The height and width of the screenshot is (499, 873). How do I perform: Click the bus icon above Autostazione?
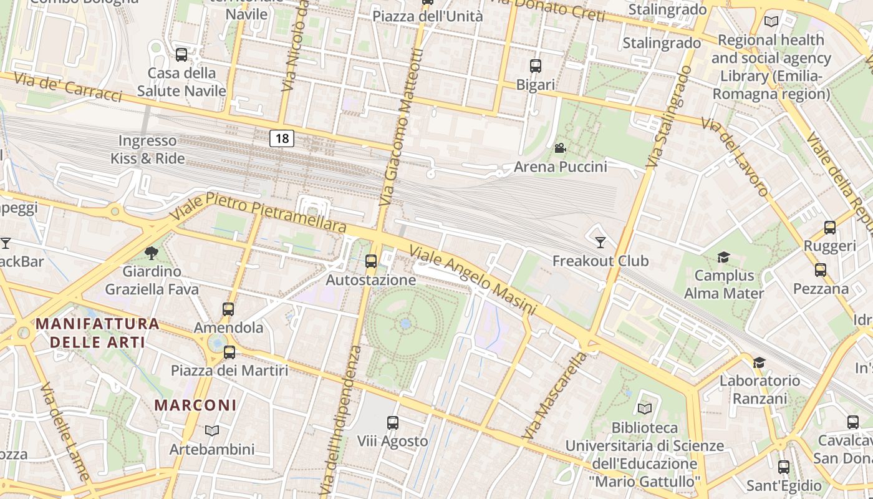pyautogui.click(x=371, y=261)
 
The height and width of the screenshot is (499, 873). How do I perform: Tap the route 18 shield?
pyautogui.click(x=282, y=138)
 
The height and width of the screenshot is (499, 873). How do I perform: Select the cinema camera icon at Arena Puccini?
pyautogui.click(x=560, y=148)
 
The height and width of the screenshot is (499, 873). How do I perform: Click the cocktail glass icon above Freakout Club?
pyautogui.click(x=600, y=242)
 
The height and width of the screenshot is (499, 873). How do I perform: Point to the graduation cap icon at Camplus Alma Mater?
pyautogui.click(x=723, y=257)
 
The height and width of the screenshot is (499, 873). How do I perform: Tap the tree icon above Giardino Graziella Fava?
pyautogui.click(x=151, y=253)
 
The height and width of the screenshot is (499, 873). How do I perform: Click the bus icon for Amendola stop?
pyautogui.click(x=228, y=309)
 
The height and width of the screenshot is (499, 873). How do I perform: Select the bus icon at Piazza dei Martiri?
pyautogui.click(x=229, y=352)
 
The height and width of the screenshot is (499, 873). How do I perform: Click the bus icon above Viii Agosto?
pyautogui.click(x=393, y=423)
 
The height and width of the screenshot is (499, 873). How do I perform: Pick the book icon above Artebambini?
pyautogui.click(x=212, y=430)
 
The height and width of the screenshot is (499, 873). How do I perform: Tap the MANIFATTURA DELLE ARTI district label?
pyautogui.click(x=97, y=333)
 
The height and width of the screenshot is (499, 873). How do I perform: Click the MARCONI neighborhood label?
pyautogui.click(x=195, y=405)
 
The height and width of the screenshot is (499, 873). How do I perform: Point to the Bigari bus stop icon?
pyautogui.click(x=536, y=66)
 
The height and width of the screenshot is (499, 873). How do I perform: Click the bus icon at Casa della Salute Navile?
pyautogui.click(x=181, y=55)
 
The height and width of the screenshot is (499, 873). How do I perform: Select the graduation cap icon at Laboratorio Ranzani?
pyautogui.click(x=759, y=362)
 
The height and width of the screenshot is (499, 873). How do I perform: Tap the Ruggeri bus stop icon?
pyautogui.click(x=830, y=228)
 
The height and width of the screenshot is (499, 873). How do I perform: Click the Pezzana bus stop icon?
pyautogui.click(x=821, y=270)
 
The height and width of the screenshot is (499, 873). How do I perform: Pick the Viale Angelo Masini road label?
pyautogui.click(x=473, y=280)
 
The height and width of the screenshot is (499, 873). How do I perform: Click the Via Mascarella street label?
pyautogui.click(x=555, y=395)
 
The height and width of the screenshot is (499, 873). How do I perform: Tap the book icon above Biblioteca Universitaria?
pyautogui.click(x=645, y=409)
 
